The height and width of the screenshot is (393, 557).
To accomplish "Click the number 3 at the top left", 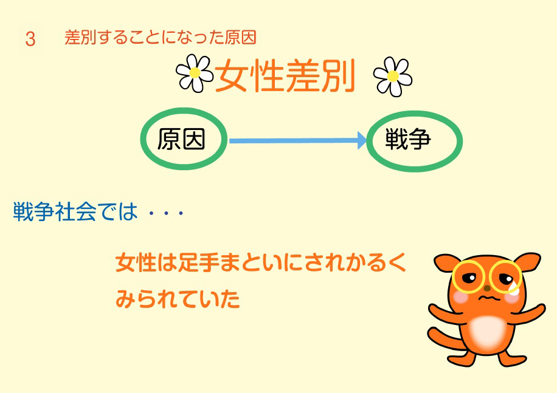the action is point(30,39).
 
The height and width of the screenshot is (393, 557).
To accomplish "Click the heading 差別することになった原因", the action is point(160,38).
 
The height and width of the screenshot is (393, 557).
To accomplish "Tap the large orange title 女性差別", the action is point(285,75).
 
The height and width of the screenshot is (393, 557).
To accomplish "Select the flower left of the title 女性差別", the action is point(195,73).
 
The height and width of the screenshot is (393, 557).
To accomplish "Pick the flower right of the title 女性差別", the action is point(393,77).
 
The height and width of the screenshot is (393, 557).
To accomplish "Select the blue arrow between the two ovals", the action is point(298,141).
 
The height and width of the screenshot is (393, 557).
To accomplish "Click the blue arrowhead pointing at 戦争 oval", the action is point(362,140).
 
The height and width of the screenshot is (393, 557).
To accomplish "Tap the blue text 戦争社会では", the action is point(75,212).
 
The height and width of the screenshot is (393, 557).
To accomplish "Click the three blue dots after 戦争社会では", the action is point(166,213).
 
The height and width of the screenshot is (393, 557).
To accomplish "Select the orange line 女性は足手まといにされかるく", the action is point(261,262).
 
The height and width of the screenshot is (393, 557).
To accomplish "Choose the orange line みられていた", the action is point(178,299).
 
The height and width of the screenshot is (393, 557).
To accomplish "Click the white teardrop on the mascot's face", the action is point(513,288).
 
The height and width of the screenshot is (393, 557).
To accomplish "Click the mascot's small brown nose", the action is point(487,288).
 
